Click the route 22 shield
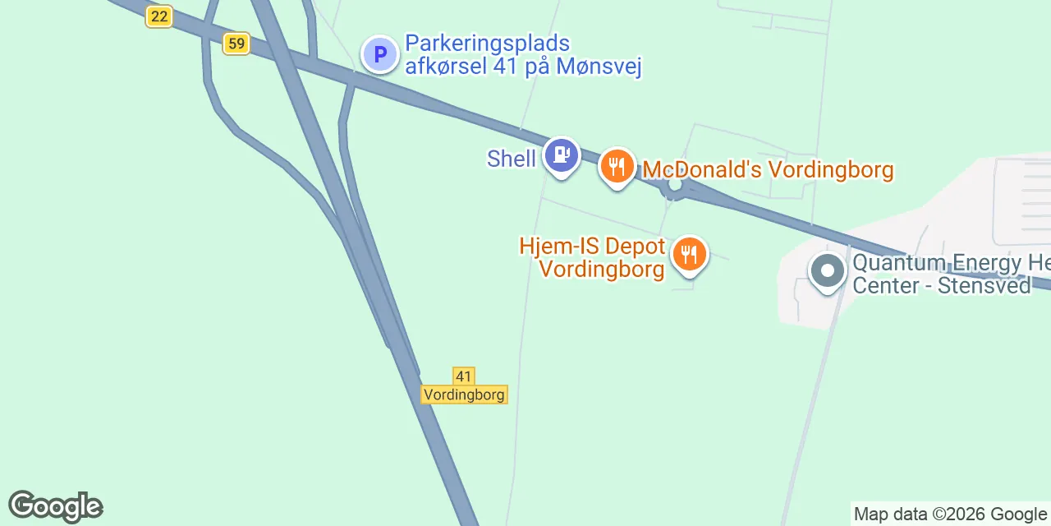tap(158, 16)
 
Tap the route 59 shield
tap(236, 44)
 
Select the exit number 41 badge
tap(464, 376)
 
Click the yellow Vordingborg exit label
tap(464, 394)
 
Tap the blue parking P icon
tap(379, 55)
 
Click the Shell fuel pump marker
tap(562, 155)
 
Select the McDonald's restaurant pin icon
tap(617, 168)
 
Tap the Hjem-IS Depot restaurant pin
tap(690, 255)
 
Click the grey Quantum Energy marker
tap(827, 270)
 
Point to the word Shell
tap(511, 159)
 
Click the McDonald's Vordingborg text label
tap(768, 170)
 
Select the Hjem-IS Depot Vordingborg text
tap(592, 258)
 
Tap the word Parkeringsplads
tap(488, 44)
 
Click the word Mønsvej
tap(599, 67)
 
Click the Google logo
tap(55, 506)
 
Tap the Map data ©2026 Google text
tap(950, 514)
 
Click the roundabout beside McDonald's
tap(676, 187)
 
